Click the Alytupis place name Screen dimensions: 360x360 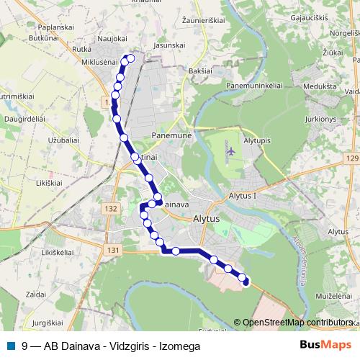pyautogui.click(x=256, y=141)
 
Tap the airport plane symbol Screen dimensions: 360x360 pyautogui.click(x=231, y=151)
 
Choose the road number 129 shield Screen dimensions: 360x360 pyautogui.click(x=351, y=158)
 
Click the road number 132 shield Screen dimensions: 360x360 pyautogui.click(x=110, y=209)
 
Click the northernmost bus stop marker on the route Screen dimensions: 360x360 pyautogui.click(x=130, y=58)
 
